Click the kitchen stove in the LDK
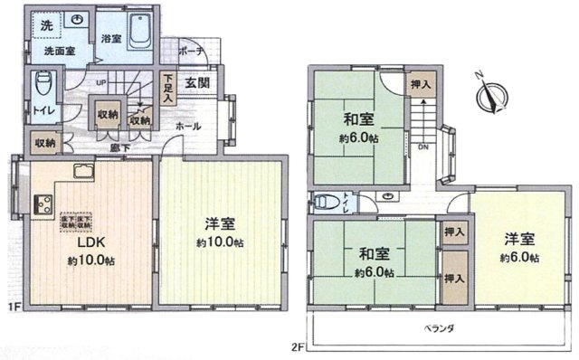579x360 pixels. pos(41,204)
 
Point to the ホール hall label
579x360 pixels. pos(188,126)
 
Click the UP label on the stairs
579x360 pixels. pos(101,82)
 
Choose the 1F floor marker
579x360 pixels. pos(14,308)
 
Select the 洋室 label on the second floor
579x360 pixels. pos(519,239)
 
